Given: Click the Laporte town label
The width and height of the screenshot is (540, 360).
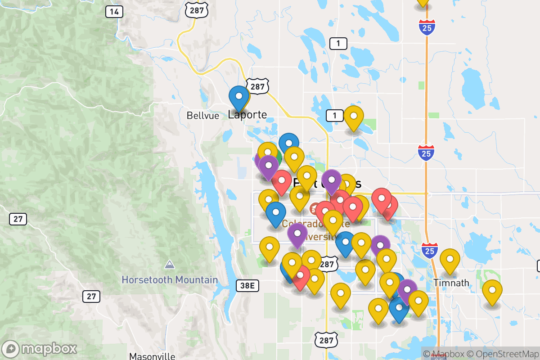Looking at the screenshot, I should tap(247, 115).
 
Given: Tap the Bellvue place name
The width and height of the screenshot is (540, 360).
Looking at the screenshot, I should tap(203, 116).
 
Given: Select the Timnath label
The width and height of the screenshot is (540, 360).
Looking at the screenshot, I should tap(451, 283).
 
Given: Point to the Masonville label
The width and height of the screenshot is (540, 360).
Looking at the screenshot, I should tap(152, 356).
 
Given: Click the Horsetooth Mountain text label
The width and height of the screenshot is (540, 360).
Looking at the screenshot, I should tap(170, 280).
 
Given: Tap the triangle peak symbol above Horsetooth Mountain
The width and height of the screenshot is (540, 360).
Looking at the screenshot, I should tap(170, 264).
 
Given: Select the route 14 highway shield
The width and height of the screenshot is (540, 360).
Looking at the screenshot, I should tap(114, 12).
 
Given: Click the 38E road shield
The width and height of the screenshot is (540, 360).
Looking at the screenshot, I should tap(247, 285).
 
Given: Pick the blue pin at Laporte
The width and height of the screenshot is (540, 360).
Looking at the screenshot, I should tap(238, 96).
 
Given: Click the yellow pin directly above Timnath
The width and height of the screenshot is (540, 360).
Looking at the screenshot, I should tap(450, 259).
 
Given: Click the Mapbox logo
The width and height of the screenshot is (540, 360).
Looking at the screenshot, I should tap(40, 349).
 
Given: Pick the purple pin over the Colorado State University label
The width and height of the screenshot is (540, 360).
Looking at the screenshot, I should tap(297, 234).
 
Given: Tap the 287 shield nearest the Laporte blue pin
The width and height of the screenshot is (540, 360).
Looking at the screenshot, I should tap(260, 86).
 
